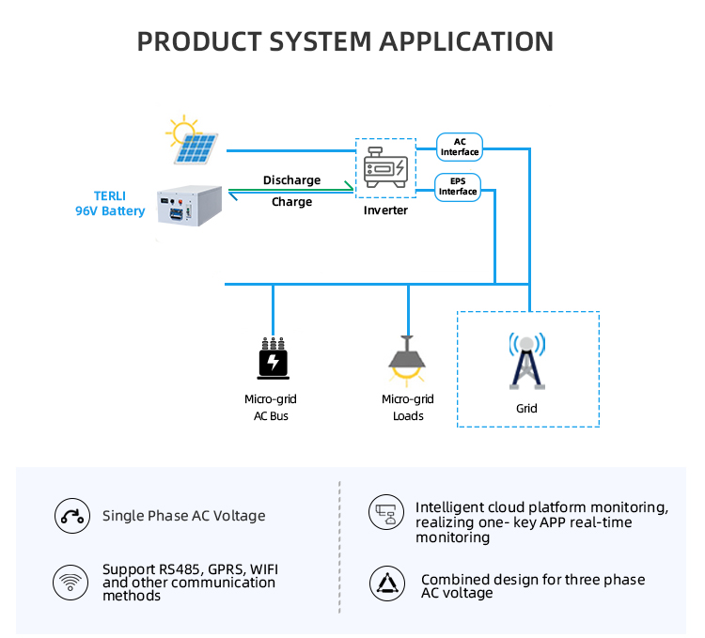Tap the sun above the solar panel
(x=181, y=127)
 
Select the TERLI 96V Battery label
(x=111, y=204)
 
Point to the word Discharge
(x=291, y=180)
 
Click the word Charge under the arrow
(x=291, y=202)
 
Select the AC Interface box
(x=460, y=147)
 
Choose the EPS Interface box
(x=458, y=186)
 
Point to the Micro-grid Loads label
(x=408, y=408)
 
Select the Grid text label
(x=526, y=409)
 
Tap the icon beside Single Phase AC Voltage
(x=71, y=516)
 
